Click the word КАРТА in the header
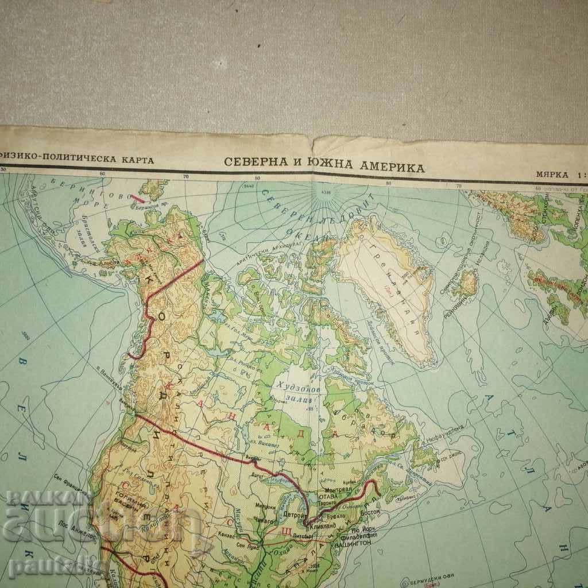[x=137, y=160]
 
